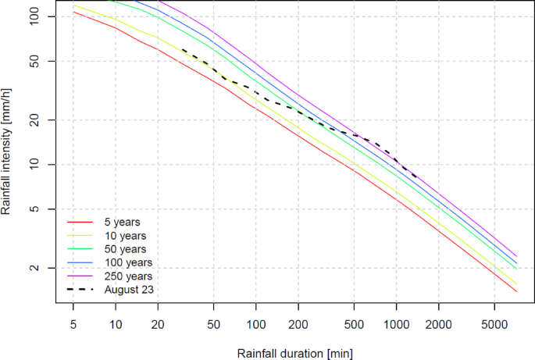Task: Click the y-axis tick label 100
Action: click(41, 16)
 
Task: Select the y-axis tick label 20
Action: click(44, 119)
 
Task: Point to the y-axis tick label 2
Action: click(47, 268)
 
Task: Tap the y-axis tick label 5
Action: click(47, 209)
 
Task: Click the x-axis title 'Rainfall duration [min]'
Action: click(295, 352)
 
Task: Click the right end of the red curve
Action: click(517, 292)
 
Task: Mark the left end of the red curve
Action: click(73, 12)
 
